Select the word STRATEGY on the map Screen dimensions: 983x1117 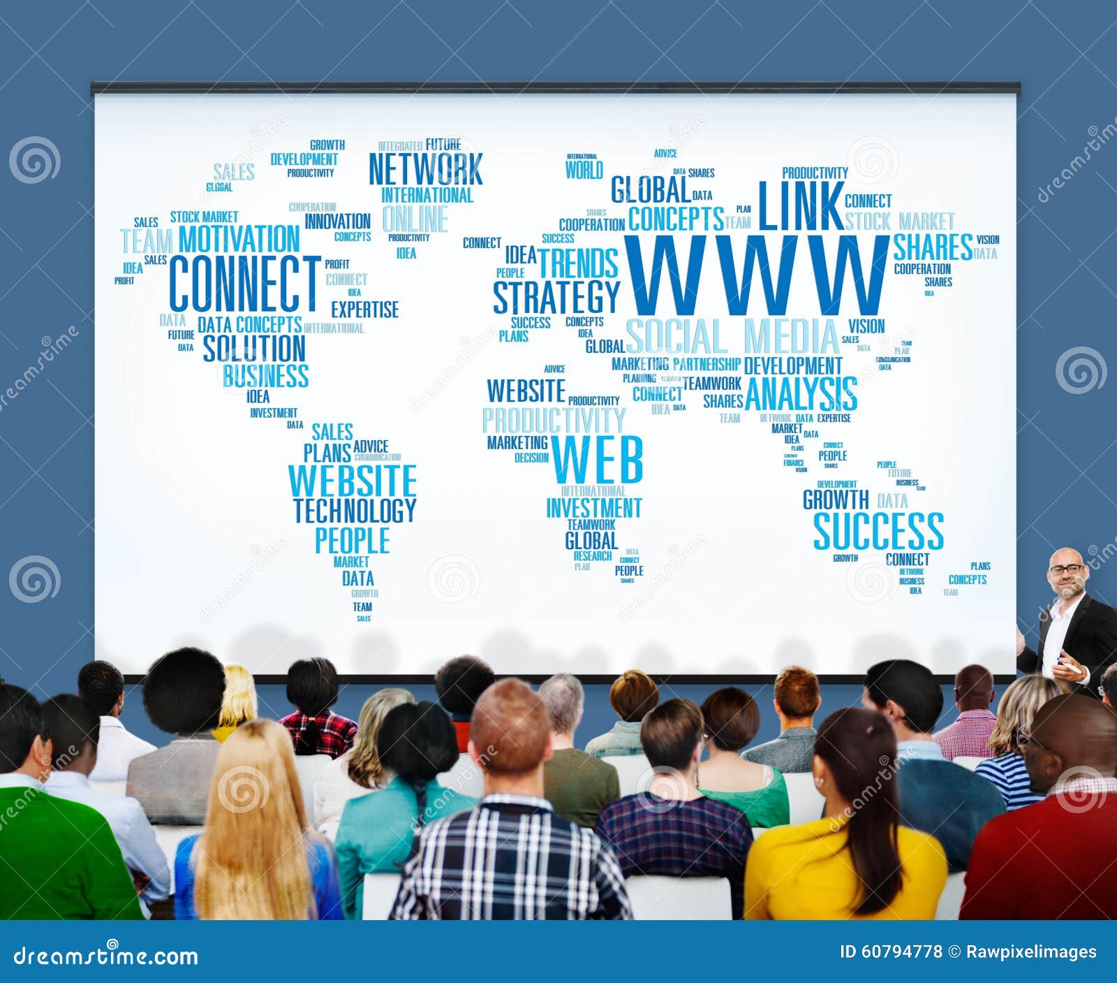pyautogui.click(x=556, y=297)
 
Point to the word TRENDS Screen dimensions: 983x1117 pyautogui.click(x=578, y=263)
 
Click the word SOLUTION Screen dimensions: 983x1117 pyautogui.click(x=254, y=348)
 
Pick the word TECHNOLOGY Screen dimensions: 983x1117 pyautogui.click(x=354, y=510)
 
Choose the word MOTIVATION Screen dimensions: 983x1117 pyautogui.click(x=239, y=239)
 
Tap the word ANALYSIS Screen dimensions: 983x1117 pyautogui.click(x=801, y=394)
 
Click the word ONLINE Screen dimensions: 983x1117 pyautogui.click(x=415, y=219)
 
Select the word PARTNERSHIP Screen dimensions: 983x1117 pyautogui.click(x=706, y=364)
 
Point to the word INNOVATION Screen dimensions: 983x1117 pyautogui.click(x=337, y=221)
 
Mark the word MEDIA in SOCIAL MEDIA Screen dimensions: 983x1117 pyautogui.click(x=791, y=337)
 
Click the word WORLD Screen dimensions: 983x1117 pyautogui.click(x=584, y=170)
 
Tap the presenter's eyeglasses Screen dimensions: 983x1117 pyautogui.click(x=1066, y=569)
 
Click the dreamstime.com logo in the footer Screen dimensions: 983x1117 pyautogui.click(x=106, y=955)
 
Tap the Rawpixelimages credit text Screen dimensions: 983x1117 pyautogui.click(x=1030, y=952)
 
